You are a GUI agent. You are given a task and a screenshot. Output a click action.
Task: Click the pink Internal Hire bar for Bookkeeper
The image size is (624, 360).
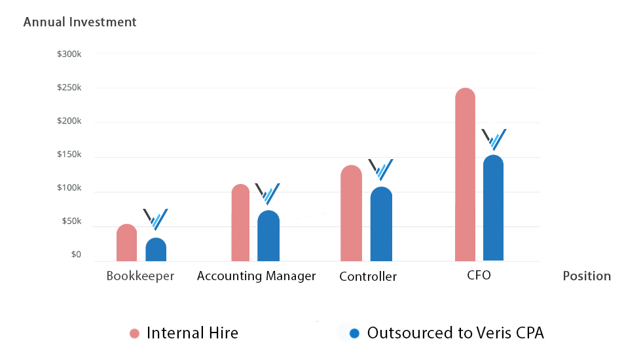(x=126, y=243)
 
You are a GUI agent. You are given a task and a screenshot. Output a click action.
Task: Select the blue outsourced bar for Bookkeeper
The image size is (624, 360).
(x=156, y=249)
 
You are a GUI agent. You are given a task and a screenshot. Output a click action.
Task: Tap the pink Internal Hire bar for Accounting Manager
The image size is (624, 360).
(x=241, y=223)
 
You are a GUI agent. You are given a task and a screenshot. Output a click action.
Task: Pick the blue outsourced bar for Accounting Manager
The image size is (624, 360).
(x=268, y=236)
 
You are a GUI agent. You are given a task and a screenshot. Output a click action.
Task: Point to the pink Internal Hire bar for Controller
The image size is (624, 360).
(x=351, y=213)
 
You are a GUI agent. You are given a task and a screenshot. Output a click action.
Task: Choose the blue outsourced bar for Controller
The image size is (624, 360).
(x=381, y=225)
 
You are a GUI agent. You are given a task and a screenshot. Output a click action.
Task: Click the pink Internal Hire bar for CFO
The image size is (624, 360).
(x=465, y=175)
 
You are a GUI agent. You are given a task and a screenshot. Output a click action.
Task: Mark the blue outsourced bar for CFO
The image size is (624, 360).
(x=493, y=208)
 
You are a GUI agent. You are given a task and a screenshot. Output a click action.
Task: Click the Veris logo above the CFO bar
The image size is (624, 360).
(x=494, y=139)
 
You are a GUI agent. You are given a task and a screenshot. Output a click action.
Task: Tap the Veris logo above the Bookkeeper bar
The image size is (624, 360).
(x=156, y=219)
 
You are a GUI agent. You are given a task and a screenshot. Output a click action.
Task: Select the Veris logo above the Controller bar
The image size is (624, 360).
(x=380, y=170)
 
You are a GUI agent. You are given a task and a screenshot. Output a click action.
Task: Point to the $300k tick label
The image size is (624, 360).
(x=69, y=54)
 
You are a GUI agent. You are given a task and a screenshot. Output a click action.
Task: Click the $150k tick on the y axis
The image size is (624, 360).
(x=69, y=155)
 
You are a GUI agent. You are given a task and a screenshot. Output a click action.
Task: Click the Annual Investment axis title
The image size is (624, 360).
(x=80, y=22)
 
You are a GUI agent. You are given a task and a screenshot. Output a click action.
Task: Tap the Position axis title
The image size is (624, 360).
(x=587, y=276)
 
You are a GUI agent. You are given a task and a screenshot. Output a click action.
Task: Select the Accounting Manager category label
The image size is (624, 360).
(x=256, y=276)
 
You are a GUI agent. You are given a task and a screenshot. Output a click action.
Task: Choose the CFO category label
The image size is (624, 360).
(x=479, y=276)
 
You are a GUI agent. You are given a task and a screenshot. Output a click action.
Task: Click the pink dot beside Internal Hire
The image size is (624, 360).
(x=135, y=334)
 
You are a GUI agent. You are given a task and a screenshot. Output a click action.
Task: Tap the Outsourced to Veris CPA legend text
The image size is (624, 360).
(x=455, y=333)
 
